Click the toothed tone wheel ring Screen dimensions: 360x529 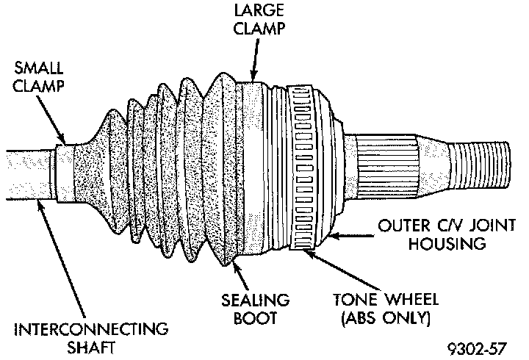tap(302, 169)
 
